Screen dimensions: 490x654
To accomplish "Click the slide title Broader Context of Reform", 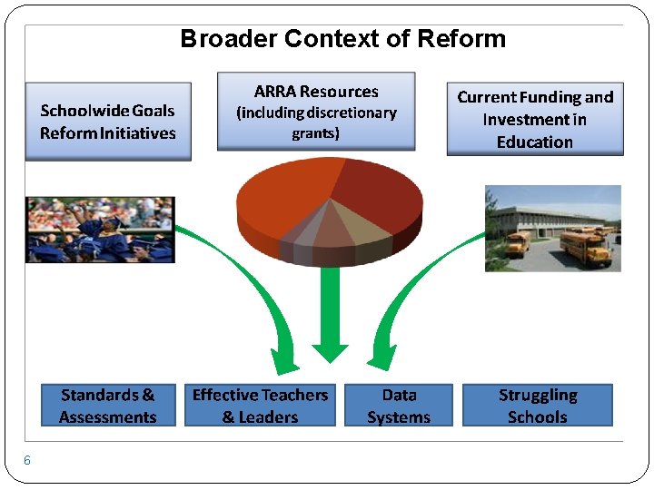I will (x=342, y=39).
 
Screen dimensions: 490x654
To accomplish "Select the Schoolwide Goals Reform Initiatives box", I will (x=108, y=122).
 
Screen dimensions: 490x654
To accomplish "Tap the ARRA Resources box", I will (x=316, y=112).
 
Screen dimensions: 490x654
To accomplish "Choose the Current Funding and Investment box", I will (x=535, y=120).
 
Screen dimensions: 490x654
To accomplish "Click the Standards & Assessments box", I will (x=107, y=406).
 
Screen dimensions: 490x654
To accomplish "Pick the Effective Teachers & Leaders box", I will (x=260, y=406).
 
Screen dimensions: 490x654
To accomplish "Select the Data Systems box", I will (x=399, y=406).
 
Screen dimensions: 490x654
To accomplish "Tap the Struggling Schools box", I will (x=538, y=406).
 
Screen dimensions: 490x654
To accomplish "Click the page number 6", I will (x=27, y=460).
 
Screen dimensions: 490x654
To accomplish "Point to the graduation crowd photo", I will (x=100, y=230).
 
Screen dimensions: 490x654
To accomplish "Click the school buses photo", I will (x=552, y=228).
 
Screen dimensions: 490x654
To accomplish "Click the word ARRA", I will (x=275, y=92).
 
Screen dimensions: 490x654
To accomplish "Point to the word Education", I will (x=535, y=142).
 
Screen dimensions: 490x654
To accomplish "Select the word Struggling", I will (x=538, y=395).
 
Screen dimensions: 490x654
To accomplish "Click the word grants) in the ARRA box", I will (x=316, y=134).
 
